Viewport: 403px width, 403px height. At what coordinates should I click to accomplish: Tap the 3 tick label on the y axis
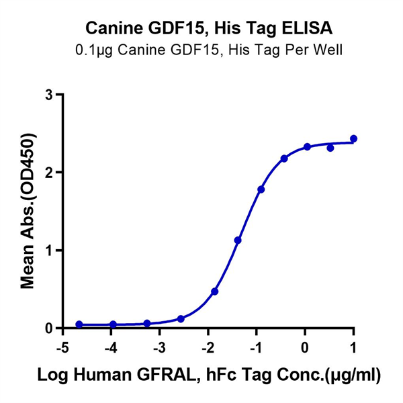(x=49, y=95)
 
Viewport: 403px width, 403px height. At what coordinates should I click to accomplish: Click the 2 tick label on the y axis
(x=49, y=173)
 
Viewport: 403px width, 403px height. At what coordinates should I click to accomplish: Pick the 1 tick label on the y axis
(x=49, y=251)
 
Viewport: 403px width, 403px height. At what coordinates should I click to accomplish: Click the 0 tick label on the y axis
(x=49, y=328)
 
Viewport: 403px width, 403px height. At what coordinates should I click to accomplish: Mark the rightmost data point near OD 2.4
(x=354, y=139)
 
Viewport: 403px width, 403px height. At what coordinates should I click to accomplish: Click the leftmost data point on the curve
(x=79, y=324)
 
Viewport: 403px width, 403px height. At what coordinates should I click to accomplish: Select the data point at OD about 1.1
(x=238, y=240)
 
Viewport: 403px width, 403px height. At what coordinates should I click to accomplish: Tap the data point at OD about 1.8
(x=261, y=189)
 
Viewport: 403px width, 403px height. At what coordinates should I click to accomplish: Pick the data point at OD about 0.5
(x=215, y=292)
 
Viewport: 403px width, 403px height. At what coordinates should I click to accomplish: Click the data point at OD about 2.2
(x=284, y=159)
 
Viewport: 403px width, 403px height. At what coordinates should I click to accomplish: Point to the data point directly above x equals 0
(x=307, y=146)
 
